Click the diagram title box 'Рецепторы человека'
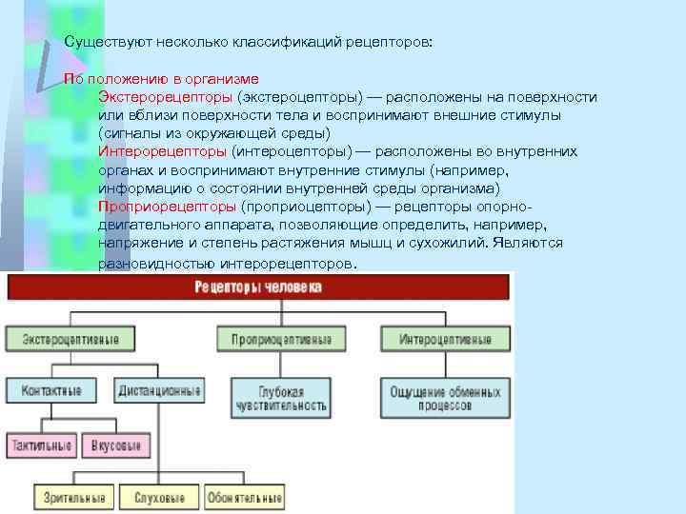(x=257, y=287)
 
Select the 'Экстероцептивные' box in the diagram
(x=64, y=339)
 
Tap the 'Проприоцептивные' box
(x=280, y=339)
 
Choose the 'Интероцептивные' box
(x=445, y=339)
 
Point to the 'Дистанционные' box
(x=159, y=390)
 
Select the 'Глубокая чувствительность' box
(x=280, y=397)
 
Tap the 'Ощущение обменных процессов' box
(x=444, y=397)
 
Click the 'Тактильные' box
(x=40, y=445)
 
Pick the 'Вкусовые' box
(x=114, y=445)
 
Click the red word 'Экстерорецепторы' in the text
(x=166, y=97)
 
